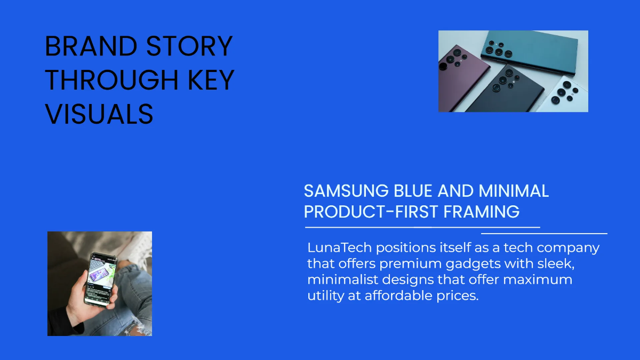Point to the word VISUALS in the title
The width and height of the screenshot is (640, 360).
[x=99, y=114]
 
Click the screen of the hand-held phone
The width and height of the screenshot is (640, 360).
[x=100, y=278]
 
